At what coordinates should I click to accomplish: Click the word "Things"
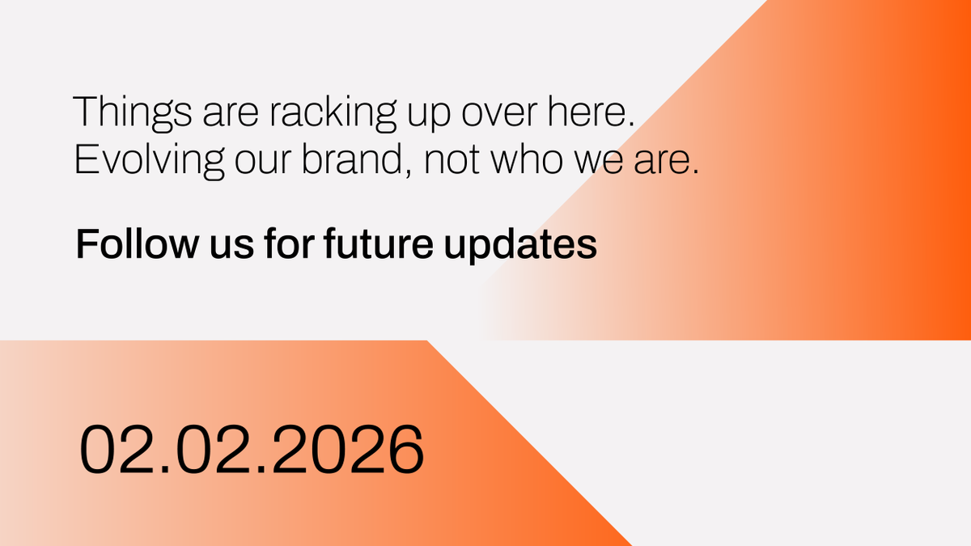click(122, 112)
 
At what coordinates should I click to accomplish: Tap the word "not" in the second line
click(456, 160)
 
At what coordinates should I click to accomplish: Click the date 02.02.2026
click(251, 450)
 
